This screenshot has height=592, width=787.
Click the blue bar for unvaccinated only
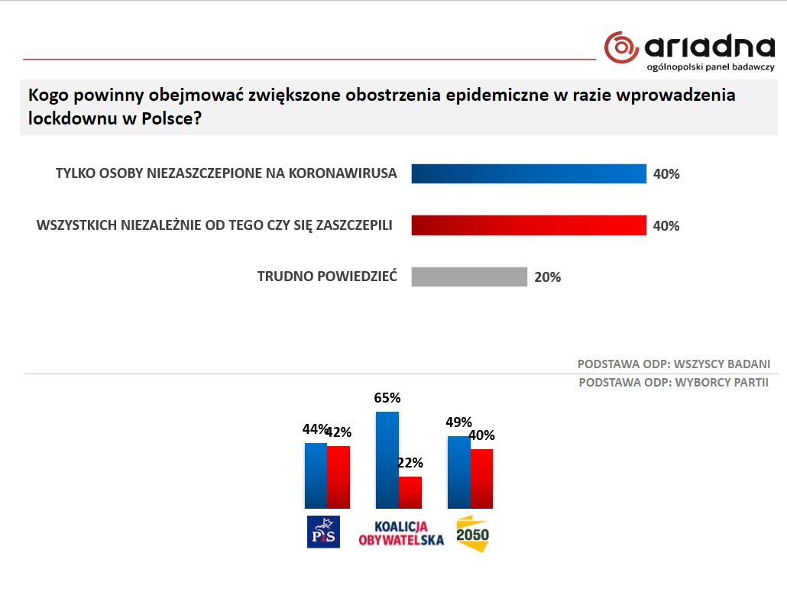[529, 173]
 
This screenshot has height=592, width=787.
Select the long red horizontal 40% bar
[529, 225]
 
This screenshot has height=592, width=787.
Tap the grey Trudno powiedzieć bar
[469, 277]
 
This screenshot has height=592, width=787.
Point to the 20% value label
[547, 277]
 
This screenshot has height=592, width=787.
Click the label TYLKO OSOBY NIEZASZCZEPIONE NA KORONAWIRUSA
[226, 173]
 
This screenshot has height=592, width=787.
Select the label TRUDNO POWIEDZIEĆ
[327, 277]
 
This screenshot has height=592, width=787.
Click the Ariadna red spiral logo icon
[620, 47]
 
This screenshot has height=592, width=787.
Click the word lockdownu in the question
[75, 119]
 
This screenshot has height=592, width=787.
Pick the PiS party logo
[322, 532]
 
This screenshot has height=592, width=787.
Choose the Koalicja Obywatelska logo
[400, 533]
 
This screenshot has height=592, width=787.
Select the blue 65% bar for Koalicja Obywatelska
[387, 459]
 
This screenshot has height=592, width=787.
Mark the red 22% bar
[410, 492]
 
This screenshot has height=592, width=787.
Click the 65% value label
[387, 398]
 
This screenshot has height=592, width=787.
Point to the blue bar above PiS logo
[316, 475]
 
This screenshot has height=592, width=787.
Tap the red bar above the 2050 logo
[481, 478]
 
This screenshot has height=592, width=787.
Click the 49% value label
[458, 422]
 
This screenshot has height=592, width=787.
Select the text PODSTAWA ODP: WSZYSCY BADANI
[672, 364]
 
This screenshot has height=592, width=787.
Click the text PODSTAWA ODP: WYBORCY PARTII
[673, 383]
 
